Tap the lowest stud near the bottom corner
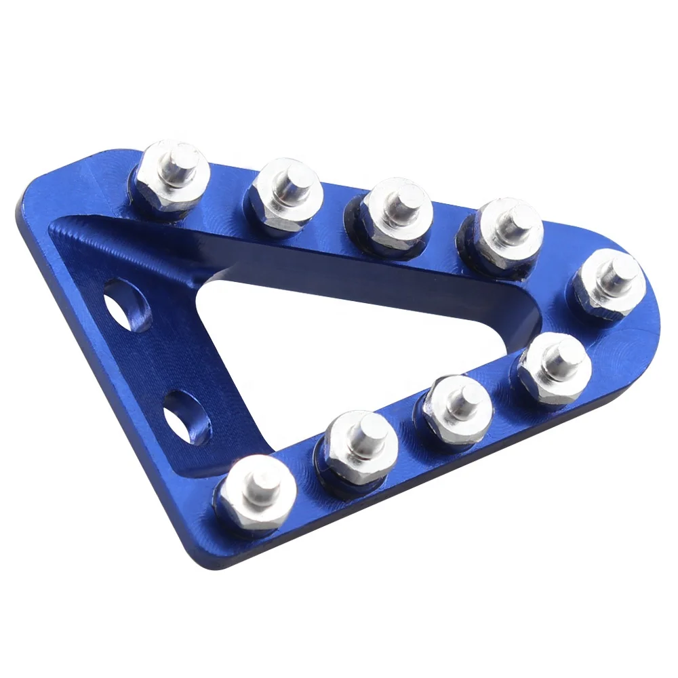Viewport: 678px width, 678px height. click(x=256, y=492)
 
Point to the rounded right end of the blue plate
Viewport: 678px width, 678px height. click(x=651, y=319)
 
